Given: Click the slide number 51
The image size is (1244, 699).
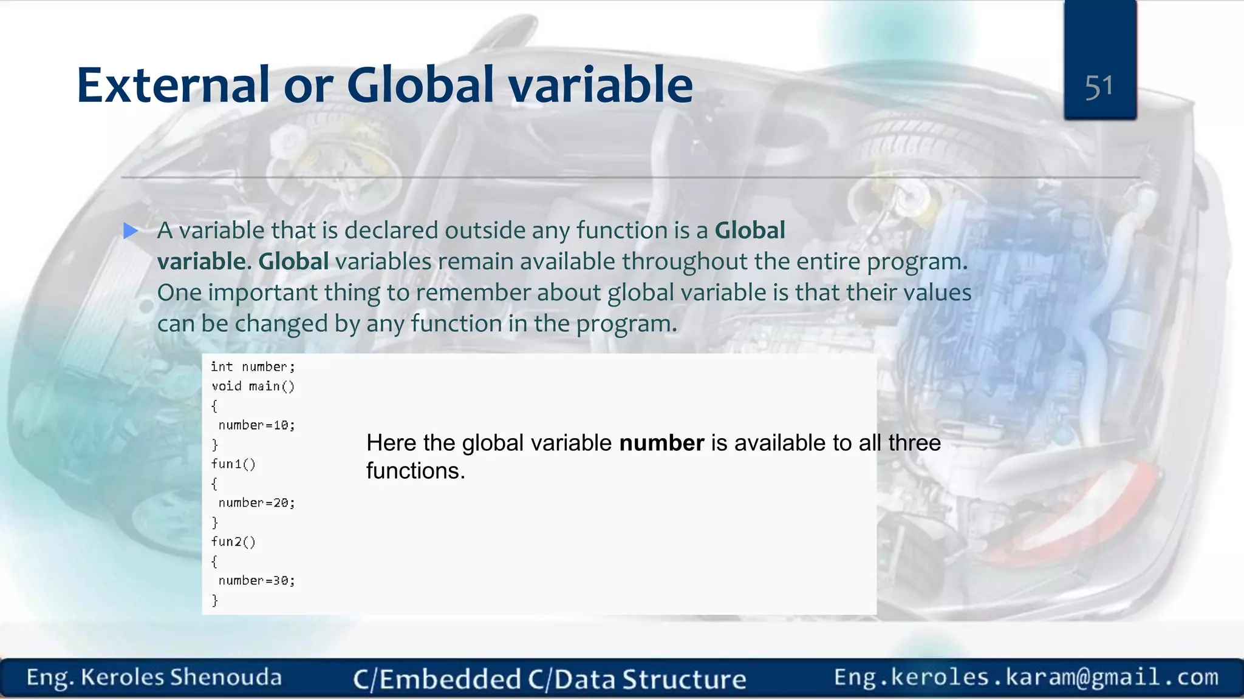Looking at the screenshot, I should tap(1099, 87).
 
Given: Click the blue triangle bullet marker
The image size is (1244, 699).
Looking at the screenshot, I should tap(131, 231).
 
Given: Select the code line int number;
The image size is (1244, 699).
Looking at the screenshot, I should tap(253, 366).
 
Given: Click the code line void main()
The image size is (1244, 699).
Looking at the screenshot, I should tap(253, 386).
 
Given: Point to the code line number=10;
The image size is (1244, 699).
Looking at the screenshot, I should tap(256, 425).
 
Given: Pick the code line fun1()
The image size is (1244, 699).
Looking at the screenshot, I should tap(233, 464).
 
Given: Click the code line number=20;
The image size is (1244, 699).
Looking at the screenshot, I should tap(256, 502).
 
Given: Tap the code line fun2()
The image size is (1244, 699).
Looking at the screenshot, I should tap(233, 541).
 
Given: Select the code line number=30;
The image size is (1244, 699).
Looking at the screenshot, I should tap(256, 581).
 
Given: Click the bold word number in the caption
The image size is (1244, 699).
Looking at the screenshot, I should tap(661, 443).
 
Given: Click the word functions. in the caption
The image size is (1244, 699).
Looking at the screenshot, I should tap(415, 471).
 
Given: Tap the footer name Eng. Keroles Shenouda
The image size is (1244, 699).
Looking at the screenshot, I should tap(154, 677).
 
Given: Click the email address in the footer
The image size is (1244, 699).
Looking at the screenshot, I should tap(1026, 677).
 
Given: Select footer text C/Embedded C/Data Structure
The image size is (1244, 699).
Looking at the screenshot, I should tap(549, 679).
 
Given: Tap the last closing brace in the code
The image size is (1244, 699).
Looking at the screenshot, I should tap(214, 600).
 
